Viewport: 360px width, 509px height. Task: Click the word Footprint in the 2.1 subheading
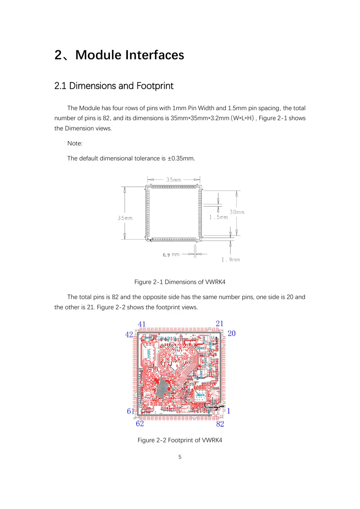155,86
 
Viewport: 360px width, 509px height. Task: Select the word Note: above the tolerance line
75,143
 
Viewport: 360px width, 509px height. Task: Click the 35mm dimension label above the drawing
173,180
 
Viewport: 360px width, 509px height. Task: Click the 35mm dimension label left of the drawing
125,218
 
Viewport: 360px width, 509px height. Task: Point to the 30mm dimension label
237,212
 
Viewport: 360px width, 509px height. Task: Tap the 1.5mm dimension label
219,217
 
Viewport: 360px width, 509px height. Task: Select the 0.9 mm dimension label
171,255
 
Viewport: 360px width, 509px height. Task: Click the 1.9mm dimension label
231,260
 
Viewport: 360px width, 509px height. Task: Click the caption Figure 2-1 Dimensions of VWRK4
180,282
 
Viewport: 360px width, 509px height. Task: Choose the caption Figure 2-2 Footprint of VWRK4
180,440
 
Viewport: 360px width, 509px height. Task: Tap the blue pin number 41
142,324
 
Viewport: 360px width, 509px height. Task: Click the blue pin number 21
220,324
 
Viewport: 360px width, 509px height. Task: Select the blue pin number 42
129,334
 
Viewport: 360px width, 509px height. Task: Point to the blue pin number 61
130,411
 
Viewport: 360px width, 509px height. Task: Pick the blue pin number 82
220,424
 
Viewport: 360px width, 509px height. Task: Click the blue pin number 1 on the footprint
229,411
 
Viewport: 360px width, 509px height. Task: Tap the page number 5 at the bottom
180,457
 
